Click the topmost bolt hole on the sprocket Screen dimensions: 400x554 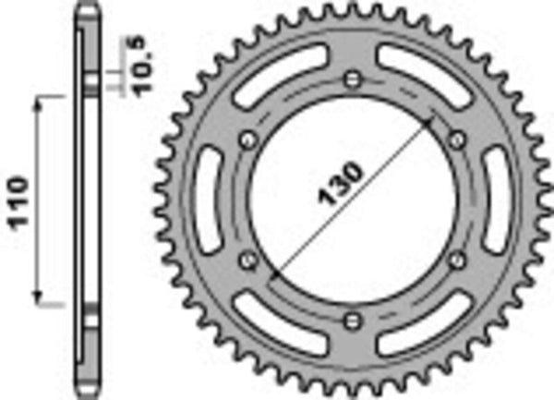[x=350, y=79]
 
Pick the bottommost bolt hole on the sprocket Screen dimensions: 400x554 [x=350, y=321]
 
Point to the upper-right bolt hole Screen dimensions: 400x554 [x=455, y=139]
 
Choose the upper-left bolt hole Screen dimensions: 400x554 [x=246, y=139]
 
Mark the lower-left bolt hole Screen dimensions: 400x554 [x=246, y=260]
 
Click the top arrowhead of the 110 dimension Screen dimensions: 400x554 [x=40, y=103]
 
